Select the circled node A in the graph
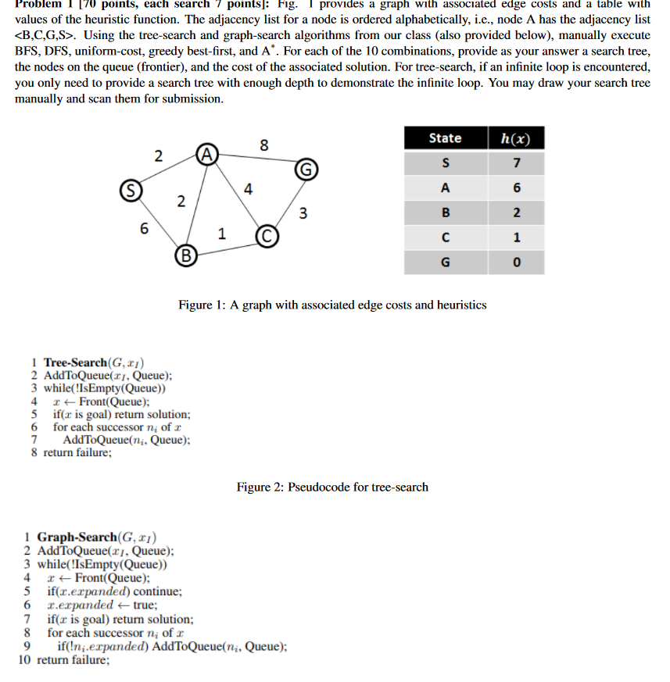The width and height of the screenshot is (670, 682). (x=206, y=152)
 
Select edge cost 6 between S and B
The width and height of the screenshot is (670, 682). (x=143, y=229)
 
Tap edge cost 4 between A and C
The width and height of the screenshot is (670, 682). (x=247, y=188)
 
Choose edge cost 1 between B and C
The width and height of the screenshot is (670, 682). (x=222, y=233)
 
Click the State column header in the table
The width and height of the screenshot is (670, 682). (x=445, y=138)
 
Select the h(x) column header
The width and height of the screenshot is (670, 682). (x=515, y=138)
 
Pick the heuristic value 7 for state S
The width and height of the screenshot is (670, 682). (x=515, y=163)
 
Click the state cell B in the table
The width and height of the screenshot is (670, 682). (x=445, y=212)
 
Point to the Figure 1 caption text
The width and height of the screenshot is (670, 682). (x=332, y=305)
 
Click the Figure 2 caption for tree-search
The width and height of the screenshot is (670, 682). (x=332, y=487)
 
